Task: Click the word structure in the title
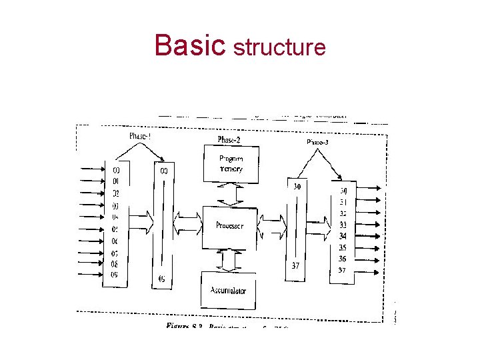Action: (279, 47)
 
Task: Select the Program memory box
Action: (231, 163)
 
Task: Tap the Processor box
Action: (230, 226)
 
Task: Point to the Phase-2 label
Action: (229, 139)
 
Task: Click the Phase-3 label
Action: (317, 142)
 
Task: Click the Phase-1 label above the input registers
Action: (145, 136)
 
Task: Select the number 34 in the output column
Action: (343, 236)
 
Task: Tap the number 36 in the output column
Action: (343, 259)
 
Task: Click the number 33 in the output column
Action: (343, 225)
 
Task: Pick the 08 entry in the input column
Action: (115, 263)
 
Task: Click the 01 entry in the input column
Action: (115, 181)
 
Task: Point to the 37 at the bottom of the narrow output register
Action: (295, 265)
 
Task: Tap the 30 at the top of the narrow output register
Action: (297, 187)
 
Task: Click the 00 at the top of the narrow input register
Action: (164, 171)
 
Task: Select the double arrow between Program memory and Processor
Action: (229, 193)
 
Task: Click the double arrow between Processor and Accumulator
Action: (229, 259)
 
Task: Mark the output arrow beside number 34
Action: (372, 236)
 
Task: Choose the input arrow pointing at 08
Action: (91, 263)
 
